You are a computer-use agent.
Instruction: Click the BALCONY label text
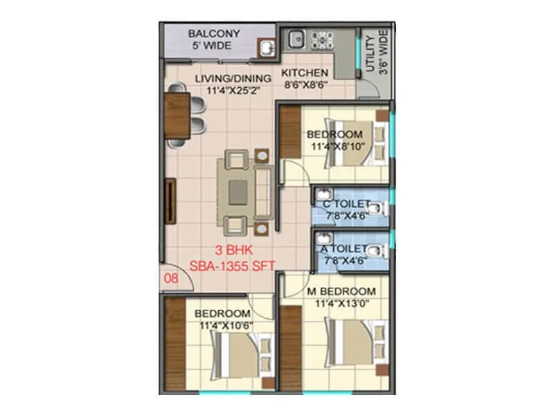(214, 34)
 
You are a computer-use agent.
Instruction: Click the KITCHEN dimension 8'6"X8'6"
(305, 84)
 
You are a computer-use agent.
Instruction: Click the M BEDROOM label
(341, 291)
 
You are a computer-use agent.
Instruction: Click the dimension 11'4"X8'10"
(334, 147)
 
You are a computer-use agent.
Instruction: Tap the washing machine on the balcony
(266, 47)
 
